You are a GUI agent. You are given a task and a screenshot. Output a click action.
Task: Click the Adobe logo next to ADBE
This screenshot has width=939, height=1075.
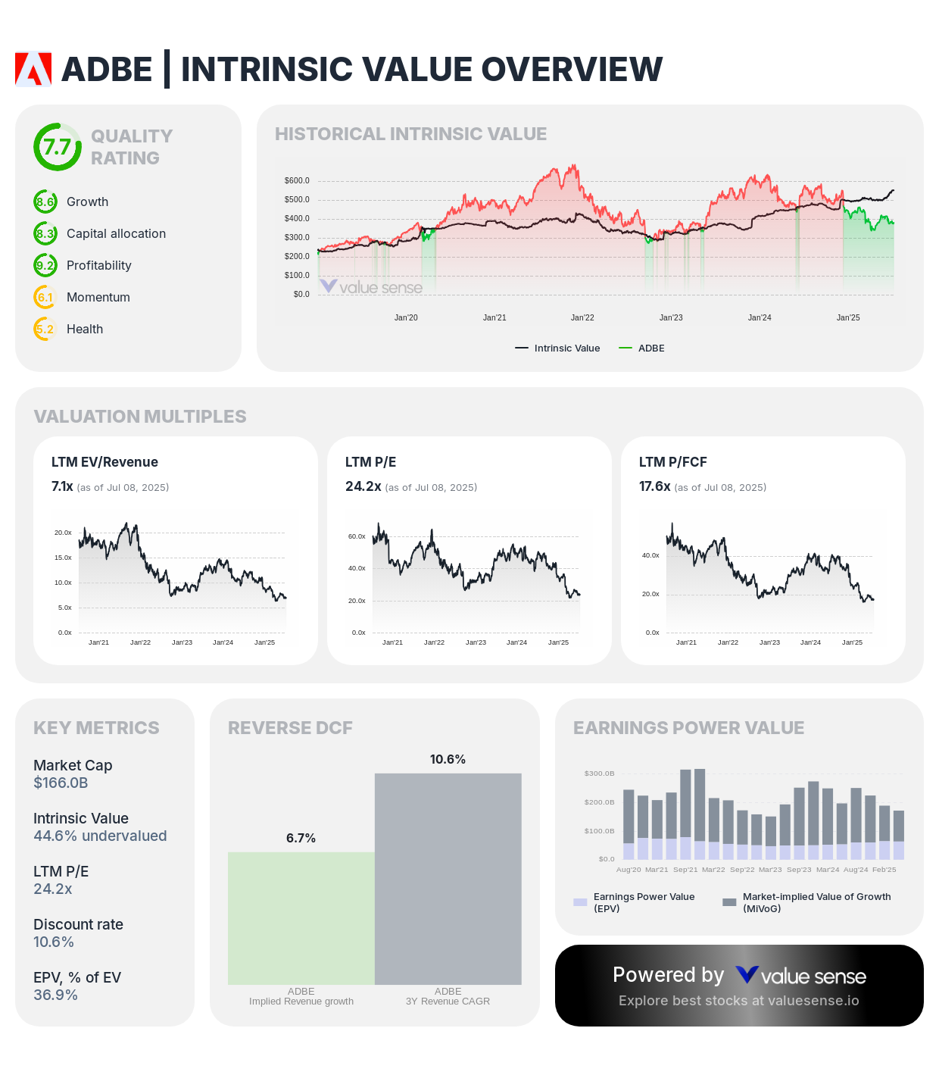[33, 69]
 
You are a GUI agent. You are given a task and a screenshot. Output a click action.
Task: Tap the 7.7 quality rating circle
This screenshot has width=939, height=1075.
[58, 147]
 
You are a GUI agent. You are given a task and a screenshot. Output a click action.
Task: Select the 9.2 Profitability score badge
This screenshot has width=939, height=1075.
[45, 265]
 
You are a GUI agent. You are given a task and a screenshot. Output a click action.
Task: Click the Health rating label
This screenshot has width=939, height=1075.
[85, 329]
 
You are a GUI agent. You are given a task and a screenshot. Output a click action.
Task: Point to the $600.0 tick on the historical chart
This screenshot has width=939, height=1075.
[297, 181]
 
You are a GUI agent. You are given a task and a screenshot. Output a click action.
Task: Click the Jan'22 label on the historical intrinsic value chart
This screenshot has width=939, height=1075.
[582, 317]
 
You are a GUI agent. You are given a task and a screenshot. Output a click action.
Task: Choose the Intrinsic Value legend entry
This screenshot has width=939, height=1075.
[558, 348]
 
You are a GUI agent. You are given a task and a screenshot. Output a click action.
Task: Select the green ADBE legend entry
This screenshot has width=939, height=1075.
[642, 348]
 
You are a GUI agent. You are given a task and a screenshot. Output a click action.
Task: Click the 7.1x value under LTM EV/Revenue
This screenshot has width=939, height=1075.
[62, 486]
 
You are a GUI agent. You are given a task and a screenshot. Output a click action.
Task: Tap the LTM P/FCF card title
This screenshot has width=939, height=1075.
[672, 462]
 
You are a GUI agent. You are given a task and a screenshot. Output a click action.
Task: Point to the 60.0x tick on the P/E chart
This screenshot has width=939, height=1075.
[357, 536]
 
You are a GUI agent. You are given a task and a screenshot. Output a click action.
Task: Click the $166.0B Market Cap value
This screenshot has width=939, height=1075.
[61, 783]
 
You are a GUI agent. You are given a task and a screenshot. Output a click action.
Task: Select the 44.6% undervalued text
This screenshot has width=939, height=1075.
[100, 836]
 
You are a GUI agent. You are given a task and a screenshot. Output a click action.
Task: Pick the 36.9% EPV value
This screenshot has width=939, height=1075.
[55, 995]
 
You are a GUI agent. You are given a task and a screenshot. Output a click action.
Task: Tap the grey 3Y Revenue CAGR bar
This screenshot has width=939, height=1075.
[448, 879]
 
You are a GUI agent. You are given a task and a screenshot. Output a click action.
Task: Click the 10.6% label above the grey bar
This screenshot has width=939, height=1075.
[448, 759]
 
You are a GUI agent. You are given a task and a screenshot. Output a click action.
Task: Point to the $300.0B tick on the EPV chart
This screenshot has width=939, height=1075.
[599, 773]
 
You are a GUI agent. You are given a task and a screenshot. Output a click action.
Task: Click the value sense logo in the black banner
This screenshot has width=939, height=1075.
[801, 976]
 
